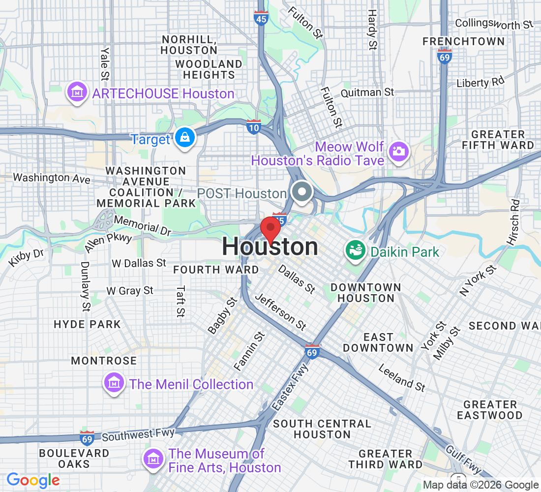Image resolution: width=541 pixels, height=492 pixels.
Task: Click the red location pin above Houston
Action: [x=270, y=228]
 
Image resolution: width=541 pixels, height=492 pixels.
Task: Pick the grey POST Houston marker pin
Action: [x=301, y=192]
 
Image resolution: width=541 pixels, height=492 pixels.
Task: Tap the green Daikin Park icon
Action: [x=355, y=251]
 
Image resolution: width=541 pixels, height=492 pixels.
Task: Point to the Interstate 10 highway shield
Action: [x=253, y=127]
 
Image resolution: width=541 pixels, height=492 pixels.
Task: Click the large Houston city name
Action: [x=270, y=247]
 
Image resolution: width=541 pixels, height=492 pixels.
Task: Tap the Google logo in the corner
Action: [x=33, y=480]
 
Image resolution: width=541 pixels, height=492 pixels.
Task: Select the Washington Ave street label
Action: [x=52, y=177]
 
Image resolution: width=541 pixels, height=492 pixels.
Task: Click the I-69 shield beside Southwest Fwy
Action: [x=87, y=436]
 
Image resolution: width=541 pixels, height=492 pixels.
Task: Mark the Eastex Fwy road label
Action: [x=290, y=387]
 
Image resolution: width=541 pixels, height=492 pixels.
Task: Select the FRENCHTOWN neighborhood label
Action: [x=463, y=41]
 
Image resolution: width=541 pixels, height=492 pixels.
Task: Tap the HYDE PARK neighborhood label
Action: [x=87, y=324]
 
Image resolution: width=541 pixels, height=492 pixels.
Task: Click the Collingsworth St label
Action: [x=494, y=23]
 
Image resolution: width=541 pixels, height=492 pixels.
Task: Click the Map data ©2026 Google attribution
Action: [x=481, y=485]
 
